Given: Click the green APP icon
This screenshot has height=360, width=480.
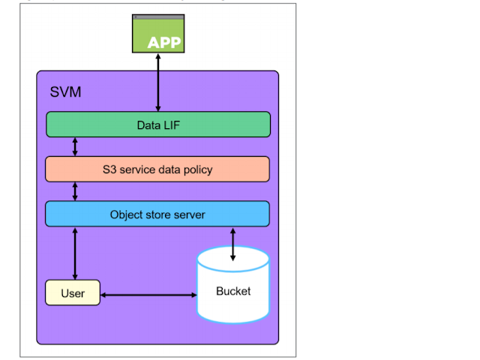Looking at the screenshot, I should [x=158, y=34].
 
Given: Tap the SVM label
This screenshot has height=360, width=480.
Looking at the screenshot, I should [x=65, y=92].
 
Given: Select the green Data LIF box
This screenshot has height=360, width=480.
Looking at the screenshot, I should [x=157, y=124].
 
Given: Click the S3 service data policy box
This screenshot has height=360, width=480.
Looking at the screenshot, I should [x=157, y=169].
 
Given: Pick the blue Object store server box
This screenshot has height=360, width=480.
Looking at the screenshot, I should [x=157, y=214].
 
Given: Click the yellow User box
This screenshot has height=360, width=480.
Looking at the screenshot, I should [x=73, y=292].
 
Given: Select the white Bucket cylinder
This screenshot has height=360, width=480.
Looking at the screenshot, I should [x=232, y=289].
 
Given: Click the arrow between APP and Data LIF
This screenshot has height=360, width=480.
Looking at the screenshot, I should [x=158, y=82].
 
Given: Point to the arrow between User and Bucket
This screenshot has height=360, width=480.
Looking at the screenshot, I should [x=148, y=295].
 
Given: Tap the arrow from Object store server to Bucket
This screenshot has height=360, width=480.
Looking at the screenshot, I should [x=232, y=243].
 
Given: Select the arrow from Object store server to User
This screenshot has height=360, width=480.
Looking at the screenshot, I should [x=74, y=253].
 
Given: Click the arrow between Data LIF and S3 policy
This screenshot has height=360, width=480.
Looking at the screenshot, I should [x=75, y=147].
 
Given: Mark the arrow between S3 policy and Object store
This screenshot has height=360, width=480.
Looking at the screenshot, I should [x=75, y=191].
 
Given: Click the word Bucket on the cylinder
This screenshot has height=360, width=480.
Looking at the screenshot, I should [x=232, y=291].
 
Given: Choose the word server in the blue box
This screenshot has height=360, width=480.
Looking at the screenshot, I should [x=188, y=214].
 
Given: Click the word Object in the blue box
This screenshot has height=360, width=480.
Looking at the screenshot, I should [x=127, y=214].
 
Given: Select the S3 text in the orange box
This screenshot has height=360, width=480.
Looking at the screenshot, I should [x=109, y=169].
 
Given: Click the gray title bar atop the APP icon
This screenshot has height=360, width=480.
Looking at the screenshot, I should [x=158, y=16].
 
